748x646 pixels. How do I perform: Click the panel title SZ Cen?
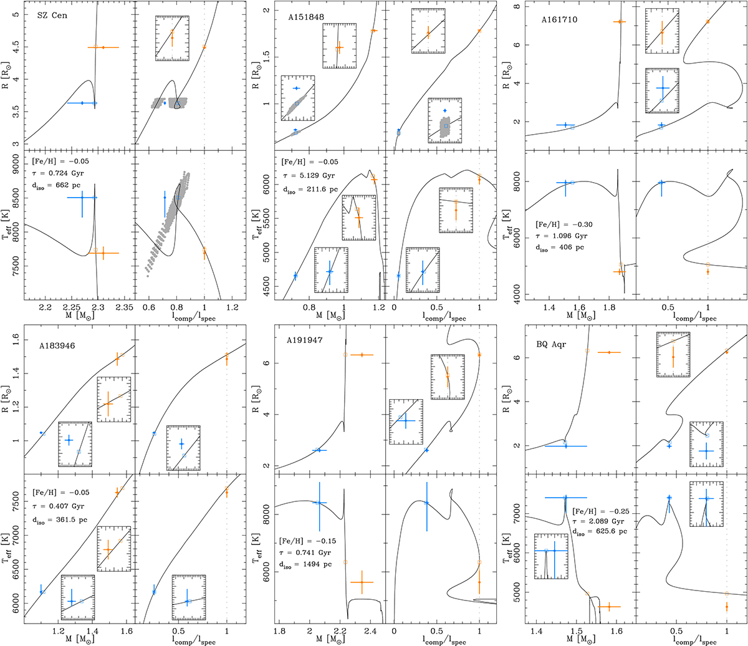(52, 16)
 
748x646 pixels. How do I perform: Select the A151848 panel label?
(306, 17)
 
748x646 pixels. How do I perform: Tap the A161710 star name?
(559, 19)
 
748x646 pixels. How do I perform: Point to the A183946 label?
(57, 346)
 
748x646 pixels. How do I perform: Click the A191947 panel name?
(305, 340)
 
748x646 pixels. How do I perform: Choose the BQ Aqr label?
(551, 344)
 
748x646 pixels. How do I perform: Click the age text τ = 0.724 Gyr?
(58, 173)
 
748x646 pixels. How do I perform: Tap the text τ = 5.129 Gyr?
(309, 176)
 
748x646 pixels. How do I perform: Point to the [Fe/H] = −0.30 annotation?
(563, 224)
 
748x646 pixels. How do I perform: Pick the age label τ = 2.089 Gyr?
(598, 521)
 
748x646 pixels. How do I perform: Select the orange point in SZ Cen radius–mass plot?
(103, 47)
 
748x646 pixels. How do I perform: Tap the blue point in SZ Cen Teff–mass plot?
(82, 197)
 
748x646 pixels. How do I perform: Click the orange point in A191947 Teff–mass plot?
(362, 582)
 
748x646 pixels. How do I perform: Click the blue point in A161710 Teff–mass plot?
(565, 183)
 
